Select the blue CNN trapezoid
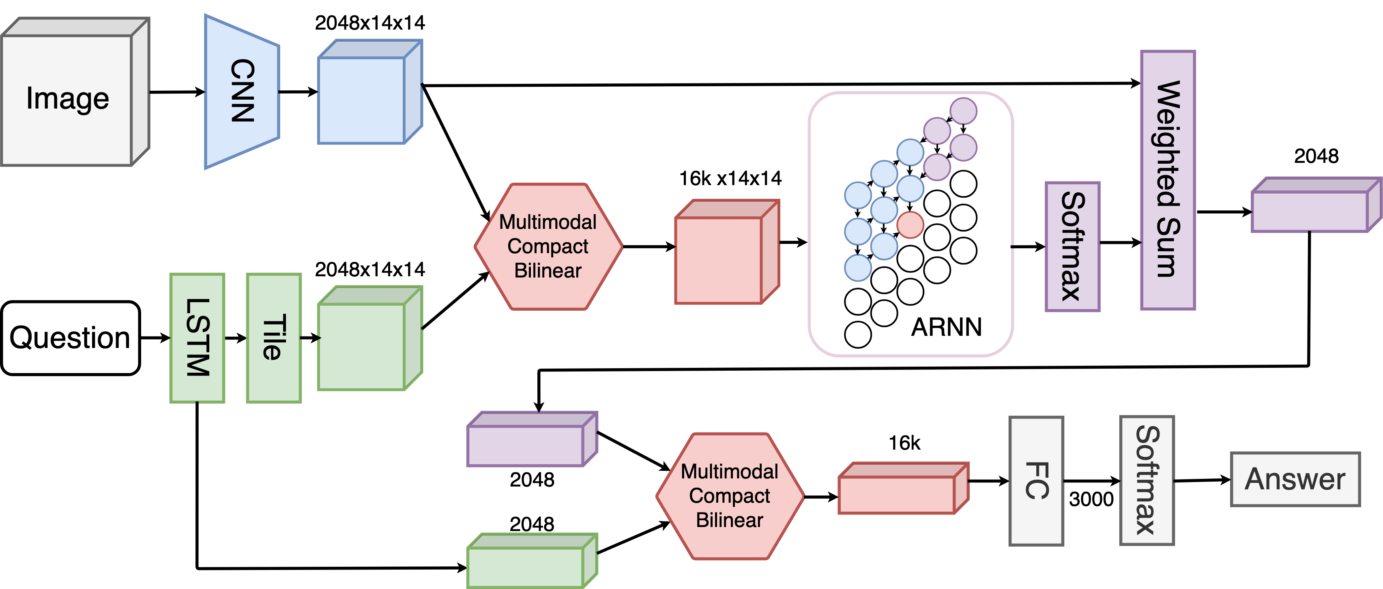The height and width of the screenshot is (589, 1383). click(x=242, y=91)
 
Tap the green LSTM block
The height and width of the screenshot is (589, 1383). click(x=197, y=338)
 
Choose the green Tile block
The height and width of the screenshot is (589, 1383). click(x=274, y=338)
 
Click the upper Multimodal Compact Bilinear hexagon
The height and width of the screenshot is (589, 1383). click(x=548, y=246)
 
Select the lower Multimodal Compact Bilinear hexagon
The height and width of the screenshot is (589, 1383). click(x=730, y=496)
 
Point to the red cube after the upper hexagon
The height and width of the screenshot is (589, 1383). click(x=718, y=260)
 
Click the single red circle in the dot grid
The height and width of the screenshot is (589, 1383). click(x=910, y=225)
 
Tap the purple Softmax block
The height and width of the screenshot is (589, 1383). click(x=1072, y=246)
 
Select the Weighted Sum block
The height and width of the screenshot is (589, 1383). click(x=1168, y=180)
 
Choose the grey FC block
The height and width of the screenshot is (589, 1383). click(x=1036, y=481)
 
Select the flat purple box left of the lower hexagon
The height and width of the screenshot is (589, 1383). click(x=526, y=445)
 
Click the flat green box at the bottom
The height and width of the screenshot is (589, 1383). click(x=526, y=566)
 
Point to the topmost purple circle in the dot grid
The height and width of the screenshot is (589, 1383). click(x=963, y=111)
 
